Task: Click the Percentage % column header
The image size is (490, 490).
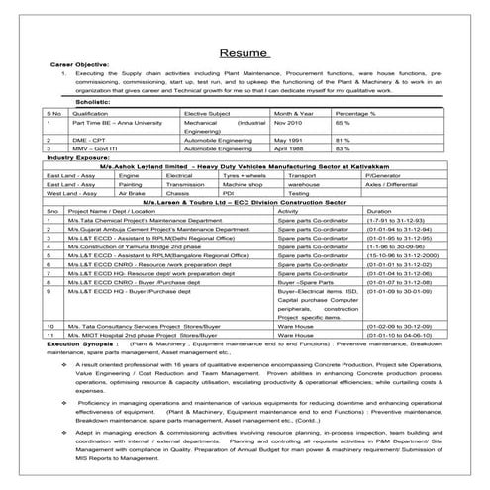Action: tap(356, 114)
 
